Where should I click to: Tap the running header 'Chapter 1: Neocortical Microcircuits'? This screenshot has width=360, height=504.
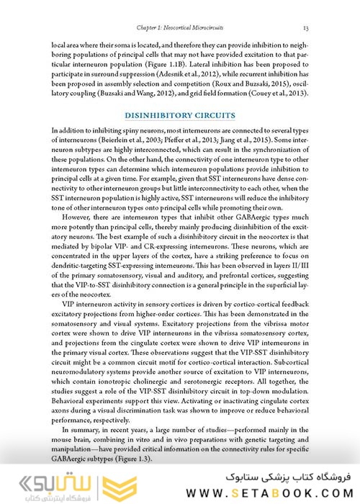[x=179, y=27]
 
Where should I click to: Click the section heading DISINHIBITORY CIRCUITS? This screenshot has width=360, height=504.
[x=179, y=114]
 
